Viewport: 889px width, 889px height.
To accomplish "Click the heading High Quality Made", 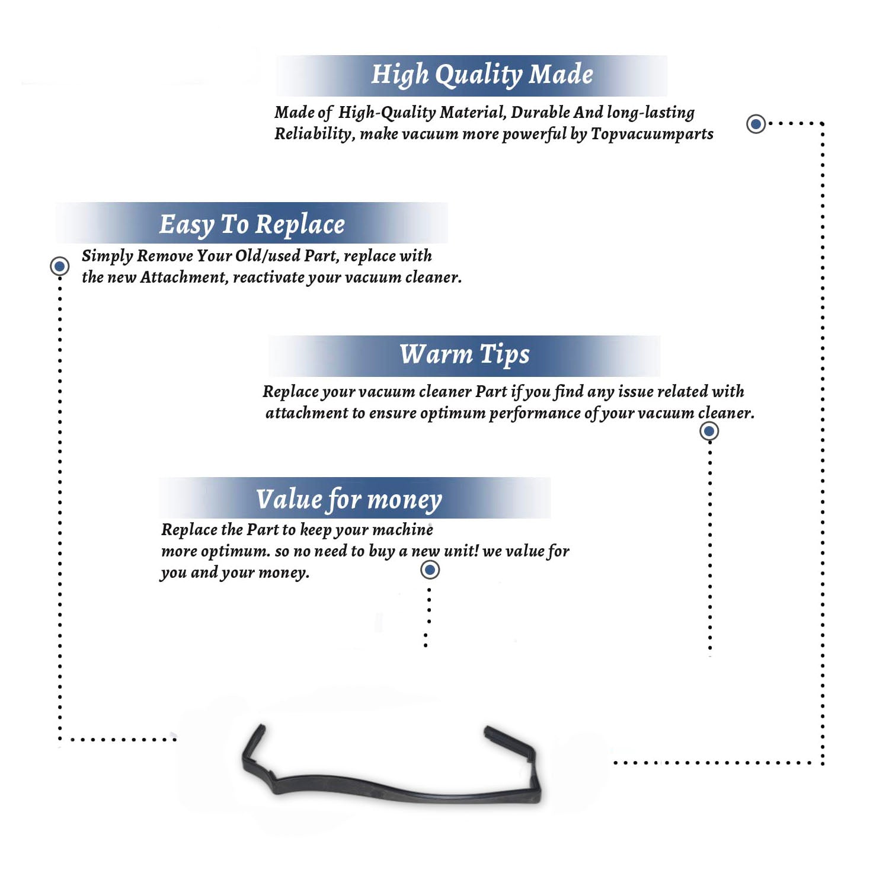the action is (x=482, y=75).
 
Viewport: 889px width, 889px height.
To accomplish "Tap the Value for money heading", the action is (x=349, y=500).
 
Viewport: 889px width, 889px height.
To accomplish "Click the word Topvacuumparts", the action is (x=652, y=135).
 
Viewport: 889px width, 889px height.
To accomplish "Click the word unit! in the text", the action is (x=461, y=551).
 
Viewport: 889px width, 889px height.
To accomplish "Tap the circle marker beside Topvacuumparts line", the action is (x=756, y=124).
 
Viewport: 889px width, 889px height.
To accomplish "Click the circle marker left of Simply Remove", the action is (x=59, y=266).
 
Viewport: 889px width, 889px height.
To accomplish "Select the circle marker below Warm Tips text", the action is (x=709, y=431).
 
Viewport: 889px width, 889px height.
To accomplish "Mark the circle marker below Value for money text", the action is (x=430, y=570).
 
